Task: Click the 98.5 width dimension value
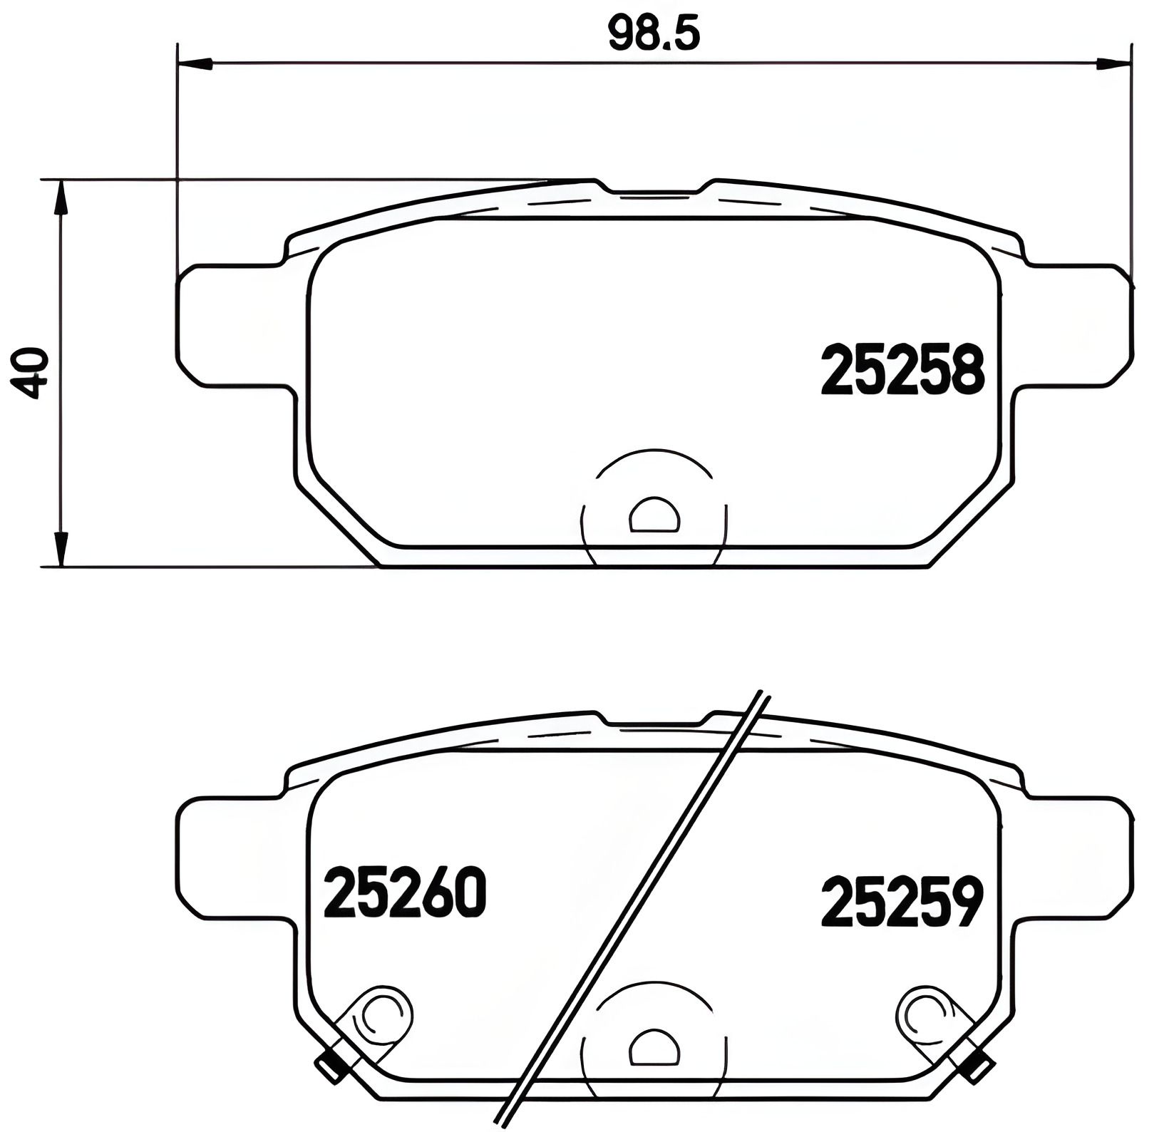pos(654,34)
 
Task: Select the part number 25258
pos(902,370)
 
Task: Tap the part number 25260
pos(405,893)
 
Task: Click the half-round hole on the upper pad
pos(654,515)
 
